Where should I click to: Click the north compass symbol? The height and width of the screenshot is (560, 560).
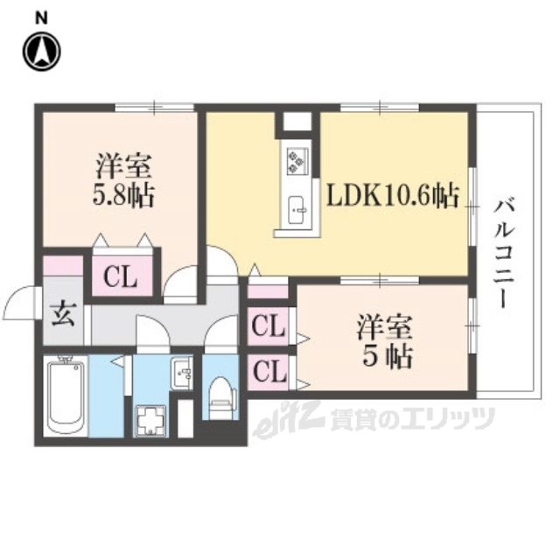pos(41,51)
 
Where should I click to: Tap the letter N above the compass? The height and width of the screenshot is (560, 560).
pos(41,16)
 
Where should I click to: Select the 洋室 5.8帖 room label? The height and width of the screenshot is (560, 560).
pos(124,179)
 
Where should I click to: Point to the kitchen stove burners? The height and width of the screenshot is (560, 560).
pos(296,160)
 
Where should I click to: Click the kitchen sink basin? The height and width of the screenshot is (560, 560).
pos(296,208)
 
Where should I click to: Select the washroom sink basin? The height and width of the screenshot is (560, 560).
pos(184,374)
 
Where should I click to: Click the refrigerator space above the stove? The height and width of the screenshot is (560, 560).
pos(296,121)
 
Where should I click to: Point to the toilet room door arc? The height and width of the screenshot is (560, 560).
pos(219,337)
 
